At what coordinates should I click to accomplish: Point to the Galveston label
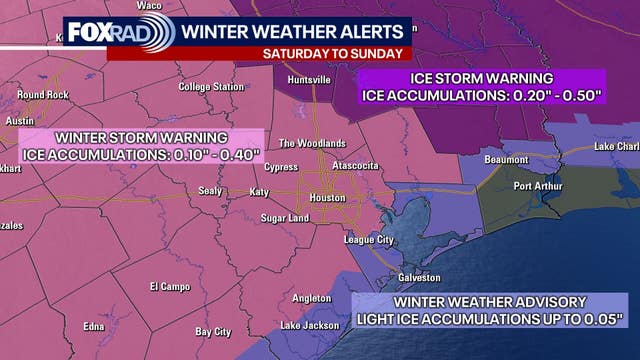pos(420,277)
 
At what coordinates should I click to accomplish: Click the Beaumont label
pos(507,159)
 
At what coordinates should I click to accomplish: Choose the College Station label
pos(211,87)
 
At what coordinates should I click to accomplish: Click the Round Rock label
pos(42,95)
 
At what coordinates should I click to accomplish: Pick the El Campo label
pos(169,287)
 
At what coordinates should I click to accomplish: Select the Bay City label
pos(213,331)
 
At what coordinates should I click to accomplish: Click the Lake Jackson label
pos(303,325)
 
